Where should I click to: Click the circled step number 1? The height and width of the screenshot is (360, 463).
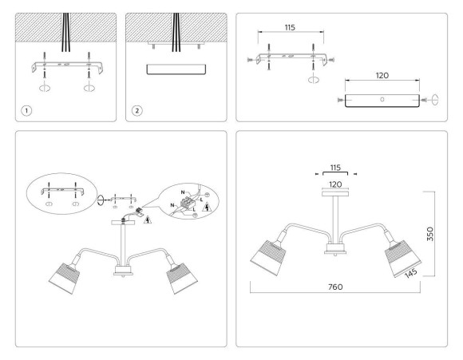[26, 109]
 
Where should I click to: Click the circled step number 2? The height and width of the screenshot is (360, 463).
[137, 109]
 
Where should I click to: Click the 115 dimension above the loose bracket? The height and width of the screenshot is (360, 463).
[290, 27]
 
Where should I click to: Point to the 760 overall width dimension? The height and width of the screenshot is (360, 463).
[336, 287]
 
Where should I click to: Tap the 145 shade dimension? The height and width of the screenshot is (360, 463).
[411, 271]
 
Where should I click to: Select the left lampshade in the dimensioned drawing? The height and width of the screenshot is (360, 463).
[270, 255]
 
